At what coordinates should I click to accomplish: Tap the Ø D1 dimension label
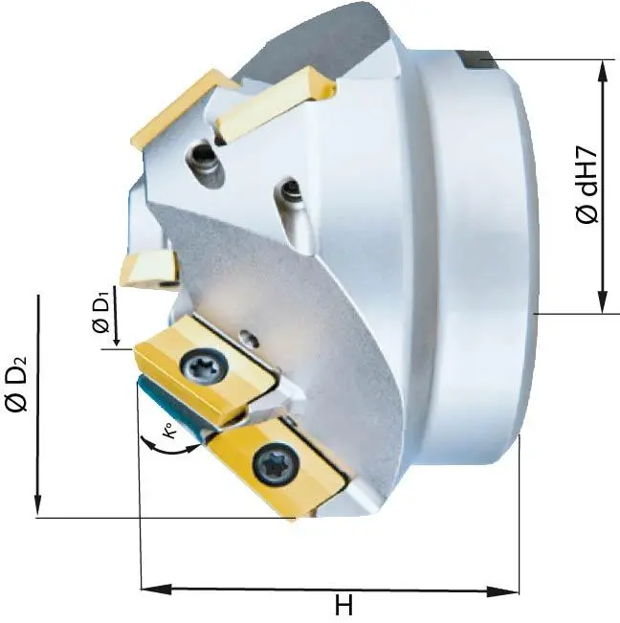[x=101, y=314]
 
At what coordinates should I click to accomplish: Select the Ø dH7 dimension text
[x=587, y=186]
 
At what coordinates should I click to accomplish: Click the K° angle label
[x=167, y=434]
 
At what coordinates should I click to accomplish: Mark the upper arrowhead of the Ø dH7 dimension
[x=603, y=68]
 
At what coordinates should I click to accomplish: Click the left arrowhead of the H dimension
[x=149, y=587]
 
